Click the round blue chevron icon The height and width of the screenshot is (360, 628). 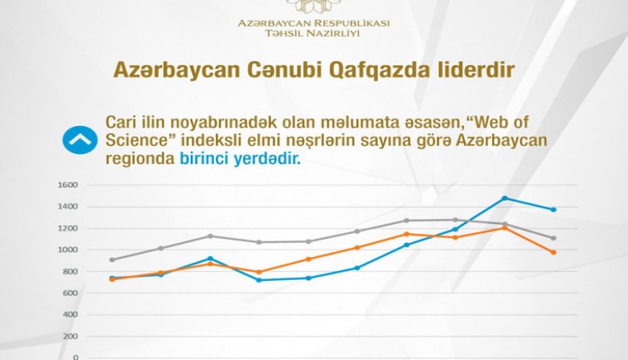point(79,139)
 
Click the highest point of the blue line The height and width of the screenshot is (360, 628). point(505,198)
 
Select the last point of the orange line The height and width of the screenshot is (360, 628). point(553,252)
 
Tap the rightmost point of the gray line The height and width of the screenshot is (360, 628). point(553,238)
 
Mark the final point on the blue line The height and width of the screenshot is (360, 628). point(553,210)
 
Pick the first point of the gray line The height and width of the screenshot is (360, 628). point(112,260)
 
